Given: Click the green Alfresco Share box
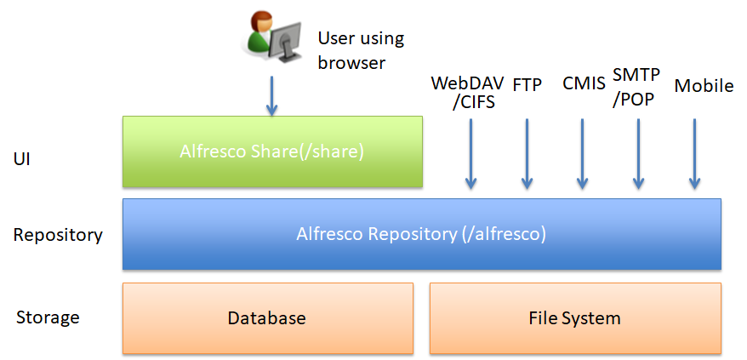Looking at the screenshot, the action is pos(272,151).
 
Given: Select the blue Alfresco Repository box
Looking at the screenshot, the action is pos(422,234).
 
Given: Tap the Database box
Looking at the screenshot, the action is pos(268,318).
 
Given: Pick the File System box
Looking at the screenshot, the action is pos(575,318).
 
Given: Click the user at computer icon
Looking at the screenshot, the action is pos(272,37).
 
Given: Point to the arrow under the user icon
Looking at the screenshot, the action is pos(271,95).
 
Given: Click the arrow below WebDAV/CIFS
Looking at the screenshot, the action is pos(470,153).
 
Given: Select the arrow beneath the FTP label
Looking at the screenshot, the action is pos(527,153).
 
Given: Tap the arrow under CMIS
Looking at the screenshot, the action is pos(582,153).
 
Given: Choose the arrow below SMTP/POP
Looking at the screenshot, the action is pos(638,153).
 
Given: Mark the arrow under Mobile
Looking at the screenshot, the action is pos(694,153).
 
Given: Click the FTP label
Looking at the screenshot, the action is pos(527,85).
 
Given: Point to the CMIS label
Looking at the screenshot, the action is pos(584,83).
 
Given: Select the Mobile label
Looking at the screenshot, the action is pos(704,86).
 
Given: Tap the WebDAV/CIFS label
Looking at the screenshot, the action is pos(467,92).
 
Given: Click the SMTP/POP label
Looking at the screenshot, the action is pos(636,88).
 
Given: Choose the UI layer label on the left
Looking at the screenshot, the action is pos(22,159).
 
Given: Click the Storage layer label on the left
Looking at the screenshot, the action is pos(48,317).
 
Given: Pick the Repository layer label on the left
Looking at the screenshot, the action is pos(58,235).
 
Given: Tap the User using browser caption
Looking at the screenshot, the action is pos(361,50).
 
